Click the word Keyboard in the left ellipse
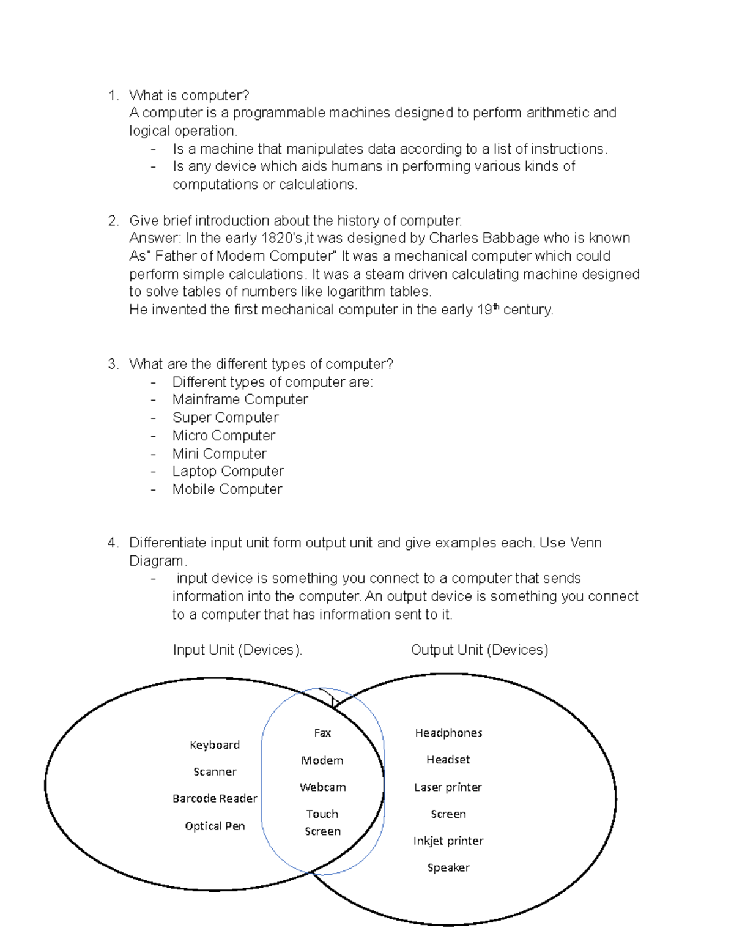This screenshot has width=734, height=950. tap(215, 744)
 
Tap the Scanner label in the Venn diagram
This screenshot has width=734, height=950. tap(215, 771)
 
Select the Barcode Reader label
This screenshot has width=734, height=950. tap(215, 798)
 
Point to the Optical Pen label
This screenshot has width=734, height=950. tap(215, 826)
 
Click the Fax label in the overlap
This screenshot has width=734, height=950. tap(322, 733)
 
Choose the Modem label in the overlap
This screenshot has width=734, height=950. tap(322, 760)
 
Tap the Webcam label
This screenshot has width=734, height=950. tap(322, 787)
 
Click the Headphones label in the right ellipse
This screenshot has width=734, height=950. tap(448, 733)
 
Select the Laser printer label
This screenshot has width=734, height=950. tap(448, 787)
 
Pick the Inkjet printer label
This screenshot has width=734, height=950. tap(448, 841)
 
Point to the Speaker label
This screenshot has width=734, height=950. tap(448, 867)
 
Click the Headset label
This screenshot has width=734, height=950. tap(448, 760)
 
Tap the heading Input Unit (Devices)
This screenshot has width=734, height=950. tap(237, 650)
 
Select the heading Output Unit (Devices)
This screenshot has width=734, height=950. tap(480, 650)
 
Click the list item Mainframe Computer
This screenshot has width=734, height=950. tap(240, 399)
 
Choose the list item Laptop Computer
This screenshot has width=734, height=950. tap(228, 471)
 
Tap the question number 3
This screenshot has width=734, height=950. tap(113, 364)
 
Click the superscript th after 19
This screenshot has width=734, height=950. tap(496, 307)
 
